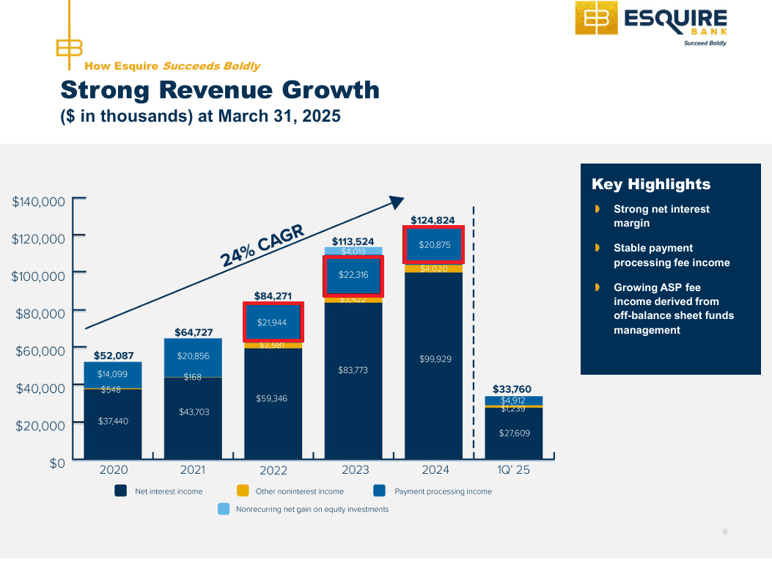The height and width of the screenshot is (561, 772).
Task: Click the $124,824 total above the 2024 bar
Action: tap(433, 220)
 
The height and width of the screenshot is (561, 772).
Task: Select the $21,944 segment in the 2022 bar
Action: tap(273, 323)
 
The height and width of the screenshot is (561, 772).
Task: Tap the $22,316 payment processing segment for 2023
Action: tap(353, 275)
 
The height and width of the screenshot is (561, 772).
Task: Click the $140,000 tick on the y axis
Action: tap(39, 202)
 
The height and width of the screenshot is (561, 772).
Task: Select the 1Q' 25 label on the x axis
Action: tap(513, 470)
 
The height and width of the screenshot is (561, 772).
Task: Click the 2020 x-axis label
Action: tap(113, 470)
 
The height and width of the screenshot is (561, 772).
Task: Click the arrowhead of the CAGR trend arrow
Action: tap(397, 202)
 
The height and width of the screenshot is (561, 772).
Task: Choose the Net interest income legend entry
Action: tap(168, 491)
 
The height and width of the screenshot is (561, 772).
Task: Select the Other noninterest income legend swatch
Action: tap(243, 491)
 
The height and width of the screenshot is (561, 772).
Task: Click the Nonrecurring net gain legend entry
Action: tap(312, 509)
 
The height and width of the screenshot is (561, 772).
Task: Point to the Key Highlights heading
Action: tap(651, 184)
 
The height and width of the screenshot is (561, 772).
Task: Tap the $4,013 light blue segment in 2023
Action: tap(353, 251)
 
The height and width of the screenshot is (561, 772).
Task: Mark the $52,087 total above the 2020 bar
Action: tap(114, 356)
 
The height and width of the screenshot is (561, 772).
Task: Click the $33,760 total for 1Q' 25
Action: tap(512, 389)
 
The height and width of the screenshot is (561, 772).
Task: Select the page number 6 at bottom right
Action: tap(725, 532)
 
